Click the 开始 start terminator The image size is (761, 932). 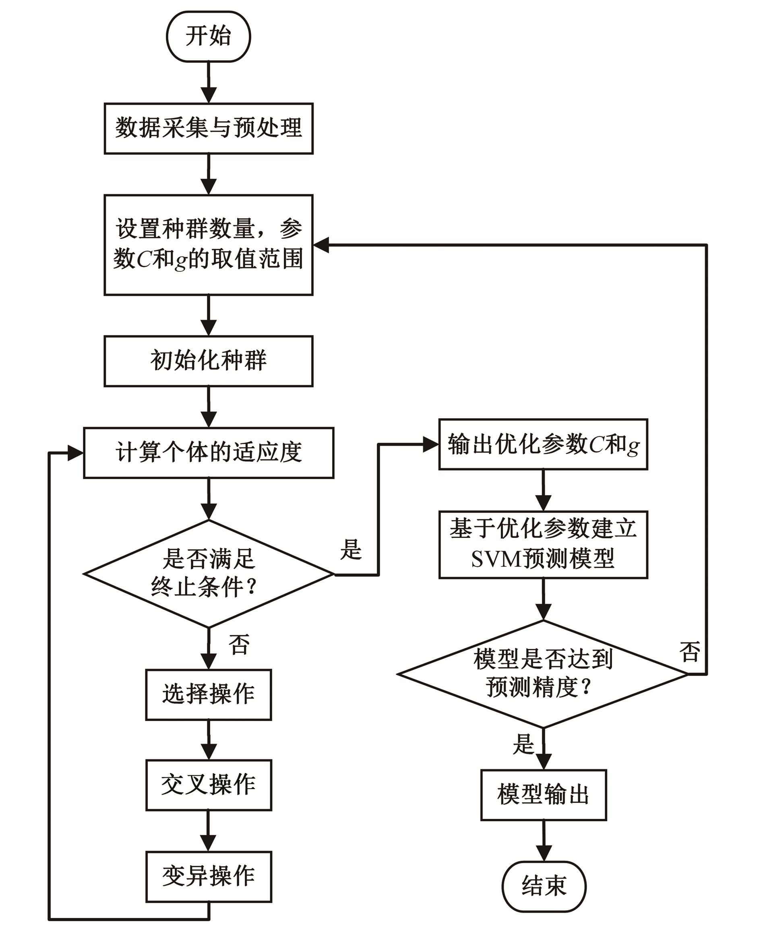(x=208, y=36)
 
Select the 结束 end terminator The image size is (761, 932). (x=544, y=886)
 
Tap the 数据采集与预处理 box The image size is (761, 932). (x=208, y=128)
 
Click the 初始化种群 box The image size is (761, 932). (x=208, y=361)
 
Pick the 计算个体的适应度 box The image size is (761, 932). (x=208, y=453)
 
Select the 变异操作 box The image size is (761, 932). (x=208, y=876)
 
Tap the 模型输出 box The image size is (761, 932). (x=544, y=795)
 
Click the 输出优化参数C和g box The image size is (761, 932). (x=543, y=444)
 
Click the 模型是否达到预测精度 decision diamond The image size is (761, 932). (x=543, y=674)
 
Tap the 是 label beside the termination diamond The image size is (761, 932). (x=351, y=549)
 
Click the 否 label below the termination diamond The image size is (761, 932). (x=239, y=645)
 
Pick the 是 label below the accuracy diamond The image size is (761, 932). (x=523, y=744)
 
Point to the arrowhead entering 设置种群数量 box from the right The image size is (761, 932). (x=321, y=245)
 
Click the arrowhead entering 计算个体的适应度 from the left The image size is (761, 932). (x=75, y=453)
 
